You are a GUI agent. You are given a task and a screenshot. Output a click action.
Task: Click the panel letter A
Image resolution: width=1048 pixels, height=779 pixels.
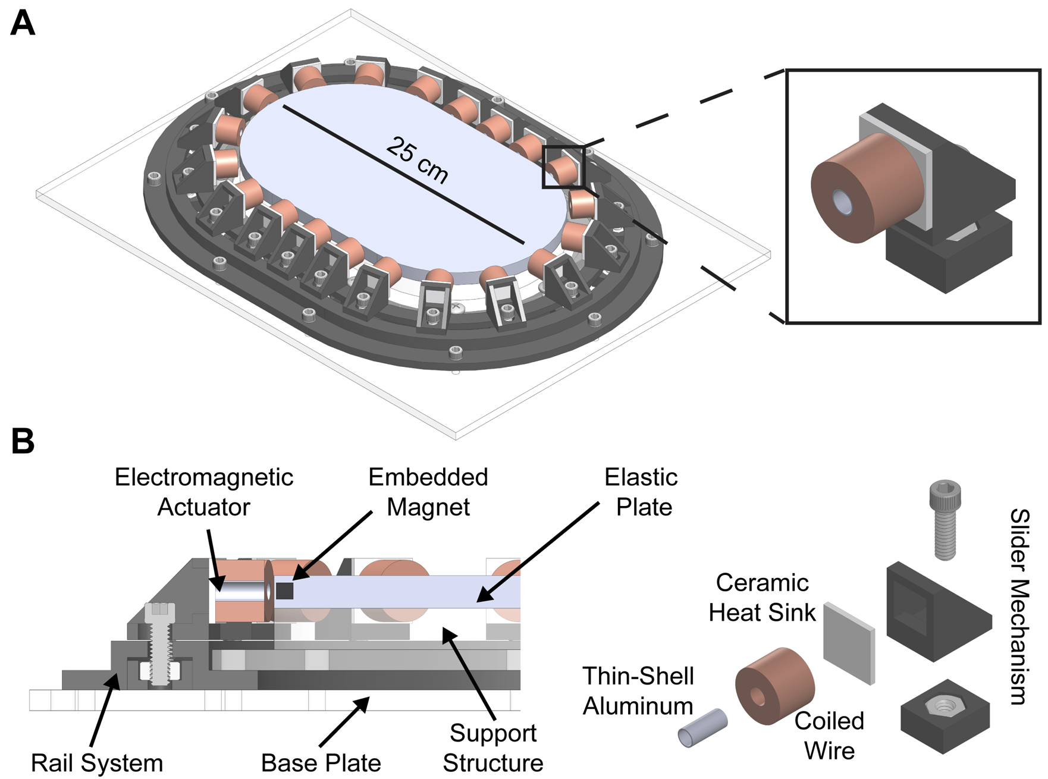tap(23, 24)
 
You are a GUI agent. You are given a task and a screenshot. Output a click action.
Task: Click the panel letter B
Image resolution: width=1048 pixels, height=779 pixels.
tap(23, 442)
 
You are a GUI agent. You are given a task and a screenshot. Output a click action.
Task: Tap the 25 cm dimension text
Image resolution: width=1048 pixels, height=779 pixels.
tap(417, 160)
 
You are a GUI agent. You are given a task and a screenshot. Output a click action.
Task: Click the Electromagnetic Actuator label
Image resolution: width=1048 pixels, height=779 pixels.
tap(203, 492)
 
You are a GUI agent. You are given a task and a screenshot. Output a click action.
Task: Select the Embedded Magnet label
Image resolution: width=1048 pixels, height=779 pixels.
tap(428, 492)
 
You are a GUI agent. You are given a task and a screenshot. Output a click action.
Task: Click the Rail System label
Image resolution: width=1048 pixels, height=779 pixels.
tap(97, 763)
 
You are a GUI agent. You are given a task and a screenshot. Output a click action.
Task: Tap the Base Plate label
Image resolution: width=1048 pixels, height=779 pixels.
tap(321, 763)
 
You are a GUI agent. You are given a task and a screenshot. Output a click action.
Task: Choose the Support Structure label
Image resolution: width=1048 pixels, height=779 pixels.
tap(492, 748)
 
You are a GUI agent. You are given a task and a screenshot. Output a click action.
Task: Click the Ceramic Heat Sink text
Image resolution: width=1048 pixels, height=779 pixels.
tap(762, 598)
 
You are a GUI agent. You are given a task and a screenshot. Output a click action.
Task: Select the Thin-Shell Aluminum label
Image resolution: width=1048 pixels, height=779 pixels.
tap(638, 691)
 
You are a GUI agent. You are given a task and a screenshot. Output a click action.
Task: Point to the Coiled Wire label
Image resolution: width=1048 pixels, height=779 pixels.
tap(829, 736)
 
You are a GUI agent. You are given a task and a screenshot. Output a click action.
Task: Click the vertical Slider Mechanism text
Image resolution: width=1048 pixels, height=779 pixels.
tap(1019, 607)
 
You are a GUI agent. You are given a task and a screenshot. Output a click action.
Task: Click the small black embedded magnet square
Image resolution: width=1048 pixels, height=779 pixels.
tap(285, 590)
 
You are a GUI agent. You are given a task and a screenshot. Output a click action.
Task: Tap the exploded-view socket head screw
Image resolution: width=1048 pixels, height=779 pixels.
tap(945, 520)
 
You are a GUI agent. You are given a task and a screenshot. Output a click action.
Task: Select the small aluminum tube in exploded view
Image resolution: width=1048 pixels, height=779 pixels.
tap(703, 728)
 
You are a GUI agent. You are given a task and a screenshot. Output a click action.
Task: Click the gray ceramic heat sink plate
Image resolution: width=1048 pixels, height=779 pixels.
tap(849, 643)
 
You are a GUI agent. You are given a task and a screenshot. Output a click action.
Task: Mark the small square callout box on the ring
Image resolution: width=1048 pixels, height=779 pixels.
tap(563, 167)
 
